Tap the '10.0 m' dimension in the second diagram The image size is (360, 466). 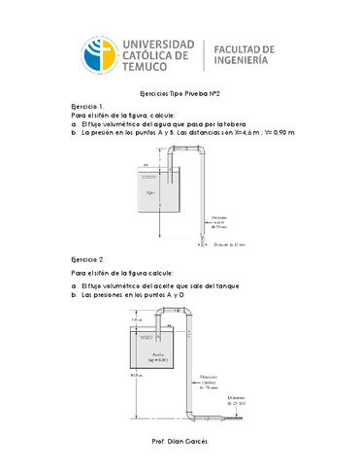click(x=121, y=373)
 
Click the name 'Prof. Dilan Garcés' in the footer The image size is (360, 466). click(x=180, y=440)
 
